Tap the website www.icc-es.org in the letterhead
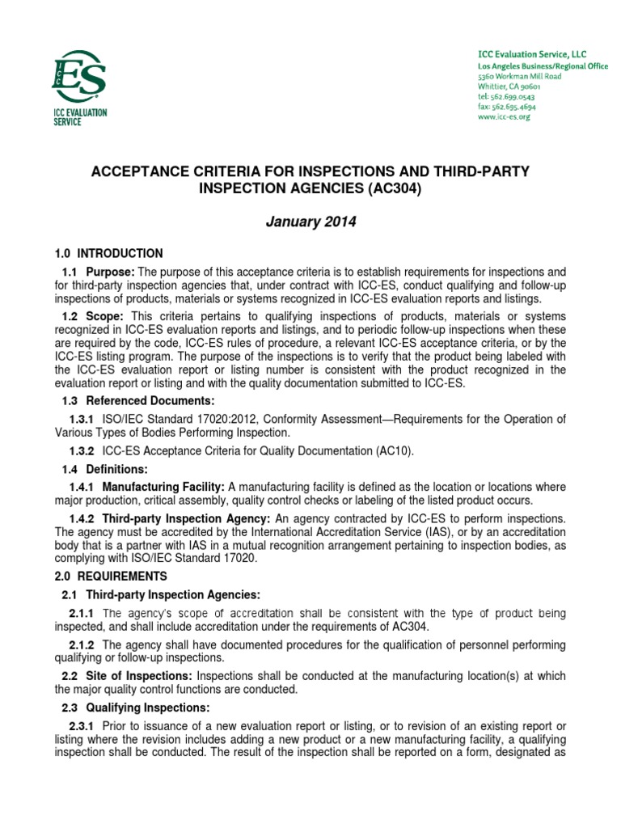(503, 116)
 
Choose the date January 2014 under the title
(310, 222)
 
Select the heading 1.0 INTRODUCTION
(108, 253)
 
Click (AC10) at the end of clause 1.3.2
(394, 451)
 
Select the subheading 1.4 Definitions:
(101, 469)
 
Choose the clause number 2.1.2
(82, 644)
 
